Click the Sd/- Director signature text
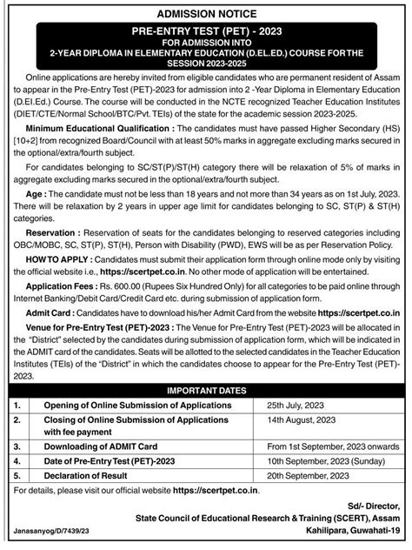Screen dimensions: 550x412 click(x=374, y=505)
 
